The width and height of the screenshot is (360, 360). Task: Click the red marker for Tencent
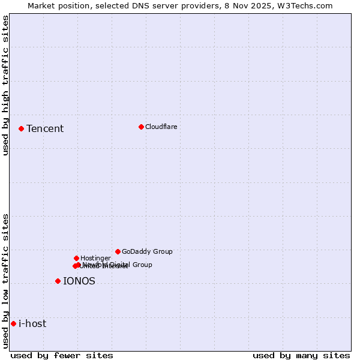point(21,128)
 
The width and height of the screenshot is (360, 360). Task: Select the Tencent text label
point(45,129)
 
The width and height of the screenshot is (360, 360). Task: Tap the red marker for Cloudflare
point(141,127)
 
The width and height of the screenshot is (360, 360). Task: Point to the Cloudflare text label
point(161,127)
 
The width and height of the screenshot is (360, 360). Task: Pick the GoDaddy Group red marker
point(118,251)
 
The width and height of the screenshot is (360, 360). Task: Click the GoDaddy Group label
point(147,251)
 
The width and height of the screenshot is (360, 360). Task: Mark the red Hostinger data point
point(76,258)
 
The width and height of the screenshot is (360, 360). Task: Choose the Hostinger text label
point(95,258)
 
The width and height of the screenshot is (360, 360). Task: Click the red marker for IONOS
point(58,281)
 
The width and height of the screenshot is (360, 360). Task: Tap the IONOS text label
point(79,281)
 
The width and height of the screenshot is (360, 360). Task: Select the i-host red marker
point(13,323)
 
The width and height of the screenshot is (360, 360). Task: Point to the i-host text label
point(32,324)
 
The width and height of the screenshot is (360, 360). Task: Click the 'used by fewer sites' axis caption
point(62,355)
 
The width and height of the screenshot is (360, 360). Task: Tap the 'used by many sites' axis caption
point(301,355)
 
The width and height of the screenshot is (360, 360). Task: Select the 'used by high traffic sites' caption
point(6,85)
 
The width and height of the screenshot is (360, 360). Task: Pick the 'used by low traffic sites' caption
point(6,281)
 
